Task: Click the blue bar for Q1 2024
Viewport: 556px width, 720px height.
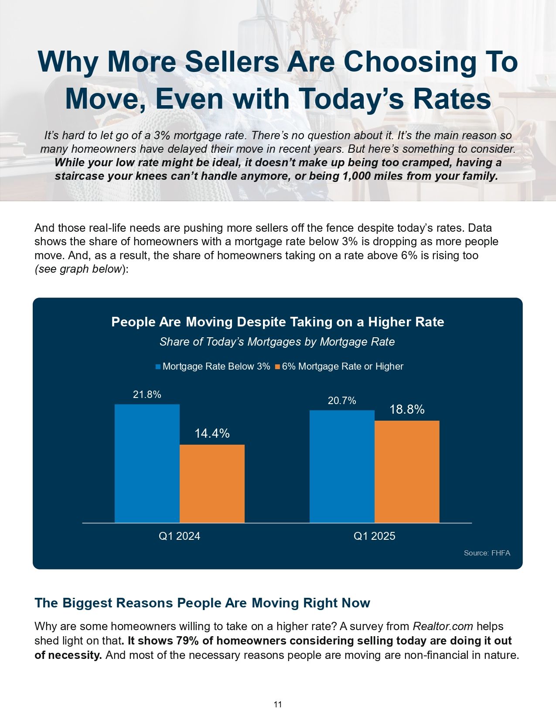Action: tap(147, 463)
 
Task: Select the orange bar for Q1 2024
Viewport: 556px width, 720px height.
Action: tap(212, 483)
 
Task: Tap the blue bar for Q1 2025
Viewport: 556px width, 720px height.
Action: tap(342, 466)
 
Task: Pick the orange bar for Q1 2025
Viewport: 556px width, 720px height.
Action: tap(407, 471)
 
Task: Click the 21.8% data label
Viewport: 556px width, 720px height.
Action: tap(147, 394)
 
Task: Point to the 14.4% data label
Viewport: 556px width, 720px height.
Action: tap(212, 433)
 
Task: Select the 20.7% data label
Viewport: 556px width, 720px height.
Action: tap(342, 401)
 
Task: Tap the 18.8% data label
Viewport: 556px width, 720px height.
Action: tap(407, 409)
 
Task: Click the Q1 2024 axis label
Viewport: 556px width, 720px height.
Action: tap(179, 536)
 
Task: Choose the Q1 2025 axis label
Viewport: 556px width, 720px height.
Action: tap(374, 536)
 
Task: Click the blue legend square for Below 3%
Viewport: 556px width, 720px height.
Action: tap(158, 367)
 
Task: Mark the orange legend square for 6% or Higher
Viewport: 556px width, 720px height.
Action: tap(277, 367)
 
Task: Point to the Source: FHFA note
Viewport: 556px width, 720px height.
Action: tap(487, 553)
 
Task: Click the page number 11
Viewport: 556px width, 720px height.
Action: tap(278, 704)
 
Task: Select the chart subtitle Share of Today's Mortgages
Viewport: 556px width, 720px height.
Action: tap(277, 342)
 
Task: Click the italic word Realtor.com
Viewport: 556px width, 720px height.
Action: tap(443, 627)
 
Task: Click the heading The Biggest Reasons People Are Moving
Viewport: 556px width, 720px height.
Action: tap(202, 603)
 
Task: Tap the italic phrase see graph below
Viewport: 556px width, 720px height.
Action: tap(78, 269)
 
